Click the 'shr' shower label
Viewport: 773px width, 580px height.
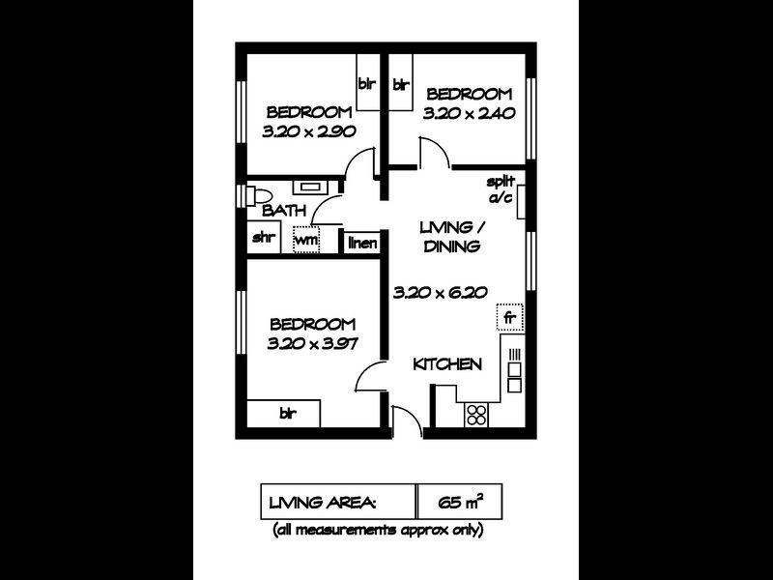click(x=262, y=238)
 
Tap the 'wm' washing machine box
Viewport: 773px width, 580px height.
click(x=306, y=239)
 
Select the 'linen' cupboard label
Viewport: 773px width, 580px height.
click(x=362, y=243)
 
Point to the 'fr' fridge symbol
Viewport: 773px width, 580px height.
click(x=508, y=317)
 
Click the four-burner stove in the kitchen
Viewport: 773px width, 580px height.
click(x=476, y=415)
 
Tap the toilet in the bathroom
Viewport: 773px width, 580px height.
click(x=254, y=191)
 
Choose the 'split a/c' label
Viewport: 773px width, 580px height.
click(x=500, y=189)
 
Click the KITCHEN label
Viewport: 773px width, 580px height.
click(x=447, y=364)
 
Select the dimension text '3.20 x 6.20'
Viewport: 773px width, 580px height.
click(x=439, y=292)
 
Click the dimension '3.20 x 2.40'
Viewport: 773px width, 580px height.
click(x=468, y=112)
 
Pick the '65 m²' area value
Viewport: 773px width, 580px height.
click(x=459, y=503)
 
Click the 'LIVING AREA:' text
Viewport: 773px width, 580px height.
click(x=323, y=503)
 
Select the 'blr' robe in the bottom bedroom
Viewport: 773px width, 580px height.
click(x=287, y=414)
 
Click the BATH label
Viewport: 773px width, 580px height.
click(x=285, y=210)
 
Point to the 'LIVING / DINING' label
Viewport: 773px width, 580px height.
click(x=451, y=236)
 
